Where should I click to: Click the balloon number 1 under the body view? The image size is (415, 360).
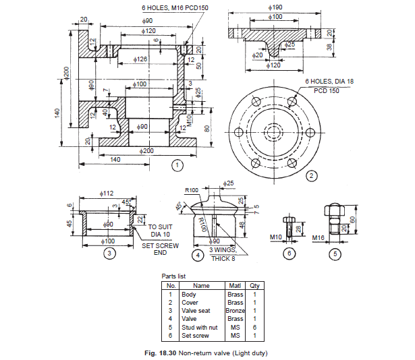pyautogui.click(x=176, y=164)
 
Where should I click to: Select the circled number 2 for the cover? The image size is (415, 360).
pyautogui.click(x=311, y=177)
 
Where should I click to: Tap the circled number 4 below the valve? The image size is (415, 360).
pyautogui.click(x=197, y=256)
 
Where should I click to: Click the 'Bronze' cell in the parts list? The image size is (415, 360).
pyautogui.click(x=236, y=310)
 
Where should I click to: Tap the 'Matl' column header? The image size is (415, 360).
pyautogui.click(x=235, y=286)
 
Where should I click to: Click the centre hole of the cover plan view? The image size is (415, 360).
pyautogui.click(x=275, y=131)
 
